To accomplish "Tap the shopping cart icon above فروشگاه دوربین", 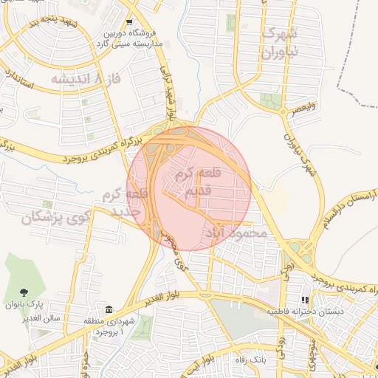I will point(130,23).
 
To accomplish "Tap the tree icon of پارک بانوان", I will point(24,292).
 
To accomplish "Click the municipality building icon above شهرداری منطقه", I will point(109,308).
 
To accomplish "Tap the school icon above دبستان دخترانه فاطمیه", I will point(303,300).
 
